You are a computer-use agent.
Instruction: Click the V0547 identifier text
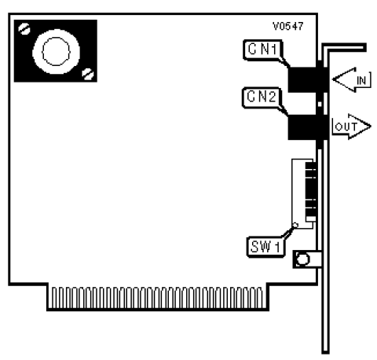click(x=288, y=26)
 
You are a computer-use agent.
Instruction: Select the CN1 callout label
click(x=262, y=50)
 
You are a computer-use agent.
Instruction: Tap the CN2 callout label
click(x=262, y=97)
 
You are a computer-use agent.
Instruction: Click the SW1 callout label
click(x=265, y=247)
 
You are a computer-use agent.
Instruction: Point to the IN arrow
click(x=352, y=79)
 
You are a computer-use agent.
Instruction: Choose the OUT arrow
click(x=351, y=127)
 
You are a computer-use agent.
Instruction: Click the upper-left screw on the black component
click(x=24, y=29)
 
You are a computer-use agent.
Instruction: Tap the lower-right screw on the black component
click(x=88, y=74)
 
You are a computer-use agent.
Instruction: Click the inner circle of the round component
click(x=56, y=51)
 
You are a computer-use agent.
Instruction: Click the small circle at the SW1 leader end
click(x=295, y=225)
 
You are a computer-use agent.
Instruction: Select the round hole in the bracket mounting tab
click(x=303, y=259)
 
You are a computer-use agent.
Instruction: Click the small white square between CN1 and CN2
click(x=320, y=104)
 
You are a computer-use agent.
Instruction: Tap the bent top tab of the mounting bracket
click(x=344, y=48)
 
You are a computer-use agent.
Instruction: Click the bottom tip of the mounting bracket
click(x=325, y=352)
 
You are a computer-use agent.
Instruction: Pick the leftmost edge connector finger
click(x=54, y=297)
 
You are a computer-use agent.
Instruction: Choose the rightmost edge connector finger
click(x=259, y=297)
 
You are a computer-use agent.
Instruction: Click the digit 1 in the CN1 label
click(x=273, y=50)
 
